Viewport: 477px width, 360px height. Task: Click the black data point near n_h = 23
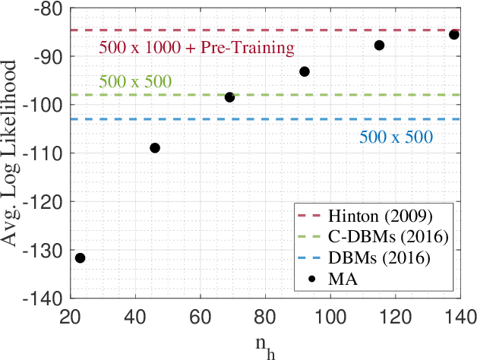[81, 258]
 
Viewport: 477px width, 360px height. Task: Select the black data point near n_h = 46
[155, 147]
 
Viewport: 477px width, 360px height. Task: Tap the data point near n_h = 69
[229, 97]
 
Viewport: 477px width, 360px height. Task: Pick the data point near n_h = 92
[305, 71]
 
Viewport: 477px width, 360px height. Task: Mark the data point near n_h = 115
[379, 46]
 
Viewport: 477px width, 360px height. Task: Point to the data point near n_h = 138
[453, 34]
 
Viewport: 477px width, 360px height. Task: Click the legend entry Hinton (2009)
[371, 214]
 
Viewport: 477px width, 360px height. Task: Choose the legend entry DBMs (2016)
[371, 258]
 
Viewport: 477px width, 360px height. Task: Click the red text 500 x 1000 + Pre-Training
[197, 49]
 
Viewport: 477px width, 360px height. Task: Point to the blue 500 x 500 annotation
[394, 137]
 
